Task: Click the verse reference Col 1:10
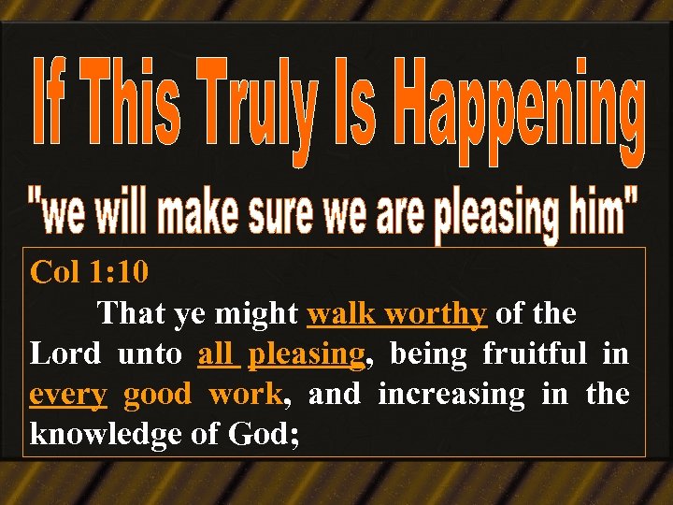coord(90,272)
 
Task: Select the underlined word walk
coord(342,313)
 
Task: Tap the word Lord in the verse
coord(66,354)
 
